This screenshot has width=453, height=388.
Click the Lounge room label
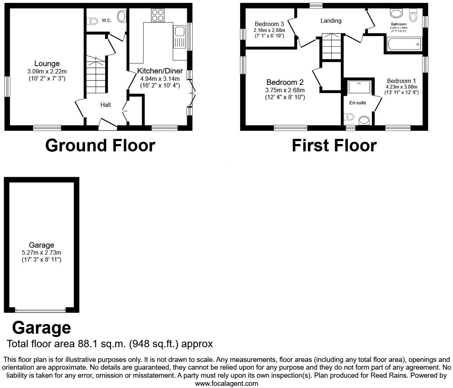point(47,64)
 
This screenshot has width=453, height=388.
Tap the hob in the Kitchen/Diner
point(158,15)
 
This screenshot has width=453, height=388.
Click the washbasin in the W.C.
point(121,16)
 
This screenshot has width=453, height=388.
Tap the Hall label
point(106,105)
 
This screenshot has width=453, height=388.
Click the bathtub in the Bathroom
point(403,45)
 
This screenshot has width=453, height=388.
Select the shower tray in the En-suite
point(359,87)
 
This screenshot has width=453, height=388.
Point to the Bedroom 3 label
point(269,24)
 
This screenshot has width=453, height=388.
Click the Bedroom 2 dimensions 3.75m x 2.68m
point(285,90)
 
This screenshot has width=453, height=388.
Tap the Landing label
point(331,21)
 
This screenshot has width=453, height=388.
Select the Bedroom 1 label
point(401,81)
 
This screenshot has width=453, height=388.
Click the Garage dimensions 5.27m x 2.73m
point(42,253)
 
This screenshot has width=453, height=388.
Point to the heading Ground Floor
point(100,145)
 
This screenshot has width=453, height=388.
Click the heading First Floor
point(334,145)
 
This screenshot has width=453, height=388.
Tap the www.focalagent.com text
point(226,384)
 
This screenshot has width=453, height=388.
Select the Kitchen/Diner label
point(160,71)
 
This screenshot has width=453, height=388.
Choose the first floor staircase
point(331,47)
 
